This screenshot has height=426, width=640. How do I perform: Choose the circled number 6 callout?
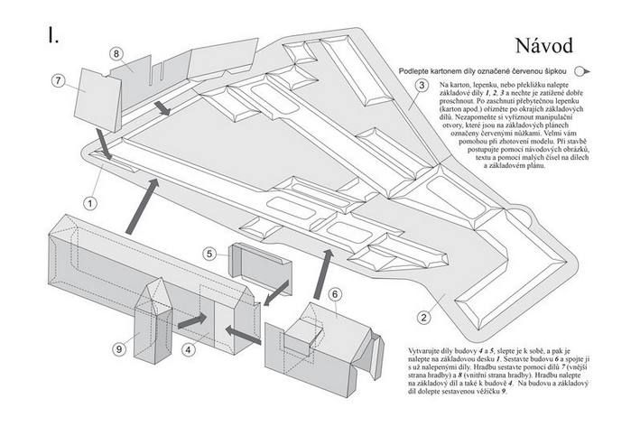pyautogui.click(x=333, y=293)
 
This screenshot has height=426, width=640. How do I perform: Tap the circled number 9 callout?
pyautogui.click(x=119, y=348)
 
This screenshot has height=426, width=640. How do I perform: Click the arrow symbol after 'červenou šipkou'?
pyautogui.click(x=583, y=70)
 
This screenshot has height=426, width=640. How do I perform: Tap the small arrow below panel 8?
pyautogui.click(x=162, y=108)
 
